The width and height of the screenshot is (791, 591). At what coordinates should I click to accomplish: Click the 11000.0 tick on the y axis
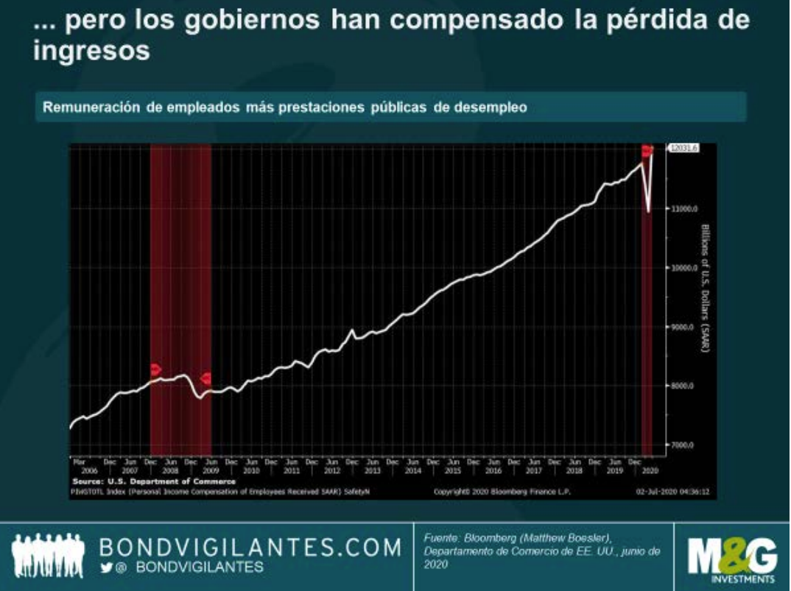(x=682, y=209)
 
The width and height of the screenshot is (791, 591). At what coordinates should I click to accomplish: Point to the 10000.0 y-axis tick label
(x=682, y=268)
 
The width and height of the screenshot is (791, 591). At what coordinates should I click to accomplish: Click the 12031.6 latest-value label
(x=683, y=149)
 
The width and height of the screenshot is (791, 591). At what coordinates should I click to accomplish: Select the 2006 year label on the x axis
(x=89, y=470)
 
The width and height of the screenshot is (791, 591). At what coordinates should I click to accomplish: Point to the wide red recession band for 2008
(x=180, y=294)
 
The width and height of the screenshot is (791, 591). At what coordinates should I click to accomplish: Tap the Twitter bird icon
(x=106, y=567)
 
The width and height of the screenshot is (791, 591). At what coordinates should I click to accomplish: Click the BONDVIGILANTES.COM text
(x=250, y=548)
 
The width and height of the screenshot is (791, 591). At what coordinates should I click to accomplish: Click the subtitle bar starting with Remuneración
(x=390, y=107)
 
